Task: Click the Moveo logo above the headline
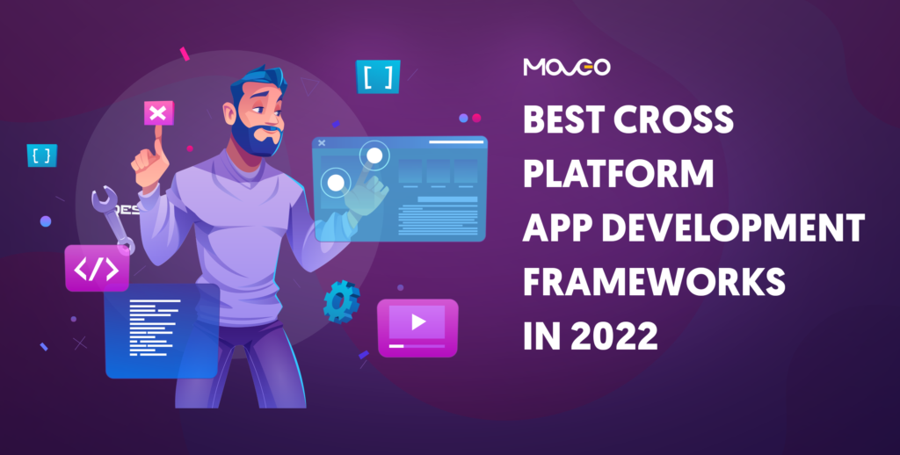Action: click(x=566, y=68)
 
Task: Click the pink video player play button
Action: click(x=417, y=323)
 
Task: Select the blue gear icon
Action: click(x=341, y=301)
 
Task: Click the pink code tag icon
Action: click(x=97, y=268)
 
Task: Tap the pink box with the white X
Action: click(x=158, y=113)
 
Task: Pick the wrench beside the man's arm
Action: click(x=112, y=217)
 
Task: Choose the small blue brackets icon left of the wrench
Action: click(x=41, y=155)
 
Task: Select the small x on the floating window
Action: click(x=322, y=142)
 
